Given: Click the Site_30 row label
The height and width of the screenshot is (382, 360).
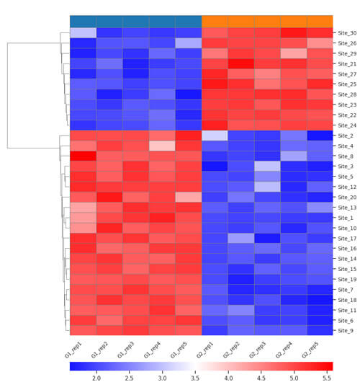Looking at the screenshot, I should (346, 33).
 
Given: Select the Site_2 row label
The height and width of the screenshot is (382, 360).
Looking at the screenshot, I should (345, 136).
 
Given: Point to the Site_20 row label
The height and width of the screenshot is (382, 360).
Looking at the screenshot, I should (346, 197).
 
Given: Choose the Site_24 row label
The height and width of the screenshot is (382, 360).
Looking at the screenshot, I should (346, 125).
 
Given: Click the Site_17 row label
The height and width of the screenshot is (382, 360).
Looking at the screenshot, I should (346, 238).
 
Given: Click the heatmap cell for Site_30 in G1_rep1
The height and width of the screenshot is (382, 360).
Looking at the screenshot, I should (83, 33).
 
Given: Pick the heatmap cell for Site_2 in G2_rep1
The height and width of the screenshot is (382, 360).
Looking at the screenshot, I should (215, 136).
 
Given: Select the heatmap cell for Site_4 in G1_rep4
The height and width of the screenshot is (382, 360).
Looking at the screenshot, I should (162, 146).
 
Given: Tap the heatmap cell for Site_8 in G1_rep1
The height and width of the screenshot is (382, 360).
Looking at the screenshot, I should (83, 156).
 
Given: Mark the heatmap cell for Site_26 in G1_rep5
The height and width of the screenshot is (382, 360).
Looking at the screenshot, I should (188, 43).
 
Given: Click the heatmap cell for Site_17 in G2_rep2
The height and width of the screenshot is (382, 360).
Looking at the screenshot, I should (240, 238).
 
